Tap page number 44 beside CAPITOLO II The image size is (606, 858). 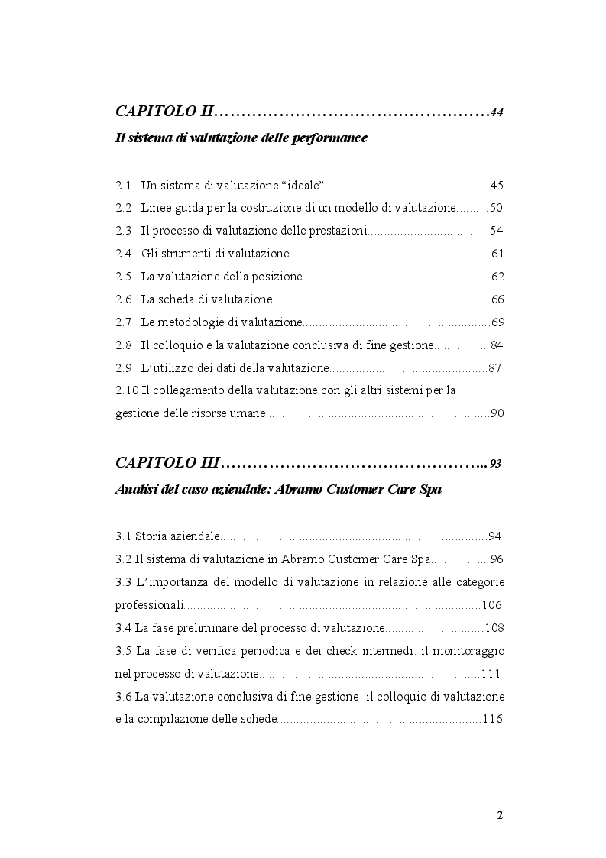497,113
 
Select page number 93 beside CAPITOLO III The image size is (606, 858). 496,464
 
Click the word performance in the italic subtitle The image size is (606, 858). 332,138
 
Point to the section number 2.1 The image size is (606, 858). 123,185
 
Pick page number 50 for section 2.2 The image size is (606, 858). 496,208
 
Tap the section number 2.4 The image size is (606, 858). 123,253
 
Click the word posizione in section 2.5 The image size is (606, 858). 279,276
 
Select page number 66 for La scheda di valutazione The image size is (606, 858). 497,299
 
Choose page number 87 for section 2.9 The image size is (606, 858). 494,368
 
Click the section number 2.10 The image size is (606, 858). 127,390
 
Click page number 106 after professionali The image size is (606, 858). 492,604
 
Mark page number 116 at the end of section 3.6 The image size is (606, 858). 492,719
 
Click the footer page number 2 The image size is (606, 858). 500,814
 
